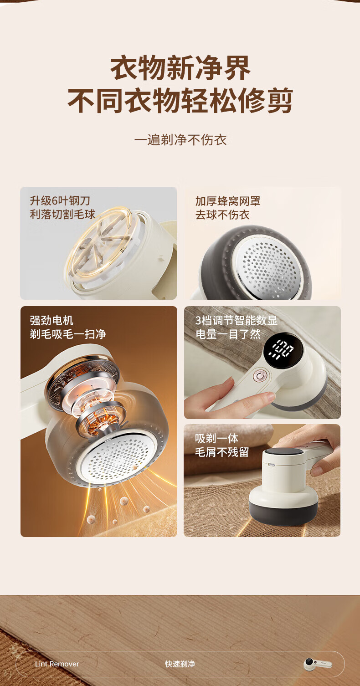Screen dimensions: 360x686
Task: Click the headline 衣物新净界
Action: click(x=180, y=68)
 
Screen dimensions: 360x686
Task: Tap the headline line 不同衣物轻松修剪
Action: click(x=180, y=101)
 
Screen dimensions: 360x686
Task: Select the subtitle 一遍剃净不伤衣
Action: click(x=180, y=140)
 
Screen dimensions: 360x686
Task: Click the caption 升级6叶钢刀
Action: click(x=60, y=201)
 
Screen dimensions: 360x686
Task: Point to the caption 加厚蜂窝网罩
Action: click(x=228, y=201)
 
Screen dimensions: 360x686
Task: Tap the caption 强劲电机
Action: click(x=52, y=321)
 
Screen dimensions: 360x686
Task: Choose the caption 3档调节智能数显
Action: click(x=237, y=320)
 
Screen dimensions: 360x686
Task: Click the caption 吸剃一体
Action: click(x=217, y=438)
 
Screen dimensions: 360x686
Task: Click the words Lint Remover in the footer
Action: click(x=57, y=664)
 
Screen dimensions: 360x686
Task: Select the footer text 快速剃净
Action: click(x=180, y=664)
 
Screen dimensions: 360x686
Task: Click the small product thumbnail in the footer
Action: click(x=318, y=664)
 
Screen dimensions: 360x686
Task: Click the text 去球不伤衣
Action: click(x=222, y=215)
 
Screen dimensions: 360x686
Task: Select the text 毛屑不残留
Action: click(x=222, y=452)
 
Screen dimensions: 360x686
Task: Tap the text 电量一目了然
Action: click(x=228, y=334)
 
